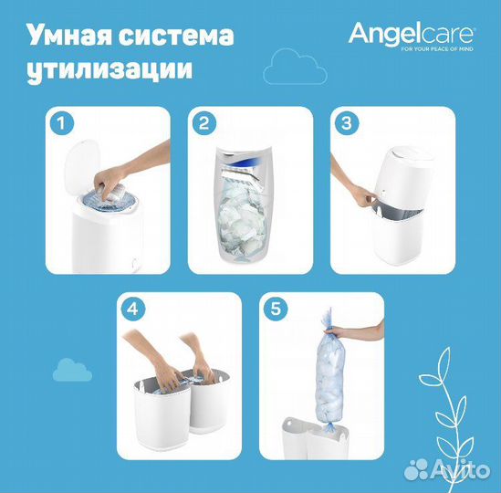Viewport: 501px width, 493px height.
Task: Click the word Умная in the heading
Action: pyautogui.click(x=66, y=37)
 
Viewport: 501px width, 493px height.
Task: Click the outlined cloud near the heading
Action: pyautogui.click(x=286, y=68)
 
